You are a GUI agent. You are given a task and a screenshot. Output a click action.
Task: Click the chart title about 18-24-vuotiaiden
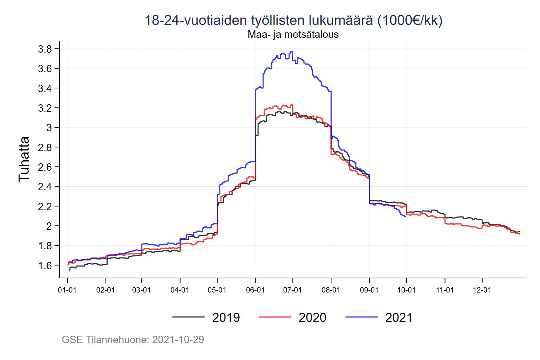tap(293, 20)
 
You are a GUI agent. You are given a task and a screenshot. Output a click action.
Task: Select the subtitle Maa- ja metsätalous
tap(293, 34)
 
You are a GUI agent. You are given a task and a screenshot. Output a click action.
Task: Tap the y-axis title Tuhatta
tap(24, 159)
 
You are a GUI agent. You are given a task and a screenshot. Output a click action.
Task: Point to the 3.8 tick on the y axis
tap(45, 49)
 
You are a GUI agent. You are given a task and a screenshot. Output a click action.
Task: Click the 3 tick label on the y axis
tap(49, 128)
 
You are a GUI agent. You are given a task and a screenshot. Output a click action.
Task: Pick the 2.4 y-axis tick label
tap(45, 187)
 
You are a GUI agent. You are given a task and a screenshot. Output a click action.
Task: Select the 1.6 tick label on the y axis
tap(45, 266)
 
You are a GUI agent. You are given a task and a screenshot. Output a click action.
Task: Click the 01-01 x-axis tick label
tap(67, 290)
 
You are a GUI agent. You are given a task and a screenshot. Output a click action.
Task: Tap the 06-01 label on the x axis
tap(255, 290)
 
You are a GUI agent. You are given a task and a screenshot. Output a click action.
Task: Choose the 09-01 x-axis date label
tap(369, 290)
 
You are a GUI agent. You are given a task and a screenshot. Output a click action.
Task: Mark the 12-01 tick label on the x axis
tap(482, 290)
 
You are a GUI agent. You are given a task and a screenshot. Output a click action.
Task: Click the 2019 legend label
tap(226, 317)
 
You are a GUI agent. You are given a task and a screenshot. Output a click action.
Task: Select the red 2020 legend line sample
tap(275, 317)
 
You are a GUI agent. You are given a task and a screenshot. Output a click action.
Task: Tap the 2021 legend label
tap(399, 317)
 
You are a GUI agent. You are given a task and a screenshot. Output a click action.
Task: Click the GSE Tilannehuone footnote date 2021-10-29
tap(178, 340)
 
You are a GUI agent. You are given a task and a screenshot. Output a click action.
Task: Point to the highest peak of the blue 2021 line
tap(292, 51)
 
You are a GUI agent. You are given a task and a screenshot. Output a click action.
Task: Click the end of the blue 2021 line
tap(405, 217)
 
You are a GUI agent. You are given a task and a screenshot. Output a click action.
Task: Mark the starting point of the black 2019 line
tap(69, 270)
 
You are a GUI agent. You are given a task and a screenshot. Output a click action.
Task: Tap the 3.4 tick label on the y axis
tap(45, 89)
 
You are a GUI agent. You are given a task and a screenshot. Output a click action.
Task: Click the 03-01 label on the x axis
tap(141, 290)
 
